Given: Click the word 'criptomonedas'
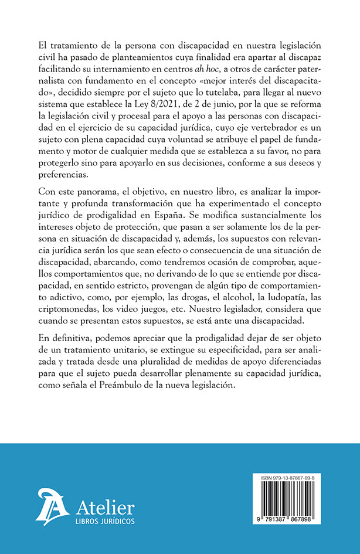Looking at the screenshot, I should click(x=67, y=315).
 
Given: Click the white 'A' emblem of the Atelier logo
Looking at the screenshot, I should click(x=53, y=505).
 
